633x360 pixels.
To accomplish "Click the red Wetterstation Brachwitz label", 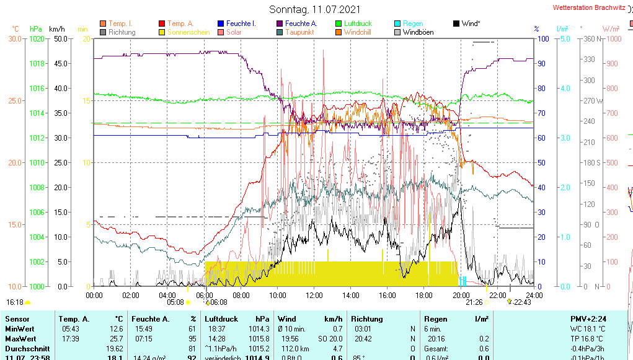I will pyautogui.click(x=588, y=8).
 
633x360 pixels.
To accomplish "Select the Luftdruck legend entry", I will pyautogui.click(x=358, y=24).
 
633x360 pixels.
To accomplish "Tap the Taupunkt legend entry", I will pyautogui.click(x=299, y=32).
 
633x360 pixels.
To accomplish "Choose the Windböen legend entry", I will pyautogui.click(x=418, y=32).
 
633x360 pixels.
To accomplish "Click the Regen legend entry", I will pyautogui.click(x=413, y=24).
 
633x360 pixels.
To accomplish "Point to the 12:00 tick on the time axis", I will pyautogui.click(x=314, y=295).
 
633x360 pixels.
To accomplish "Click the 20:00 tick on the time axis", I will pyautogui.click(x=461, y=295).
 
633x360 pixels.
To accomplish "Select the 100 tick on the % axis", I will pyautogui.click(x=542, y=38).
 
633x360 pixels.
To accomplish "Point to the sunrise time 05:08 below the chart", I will pyautogui.click(x=175, y=302).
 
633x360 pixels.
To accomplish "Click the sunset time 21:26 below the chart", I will pyautogui.click(x=474, y=302).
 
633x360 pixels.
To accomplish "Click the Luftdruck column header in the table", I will pyautogui.click(x=221, y=319).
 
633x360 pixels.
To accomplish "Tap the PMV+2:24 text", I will pyautogui.click(x=588, y=319).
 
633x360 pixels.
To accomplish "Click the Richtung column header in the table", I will pyautogui.click(x=367, y=319).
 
